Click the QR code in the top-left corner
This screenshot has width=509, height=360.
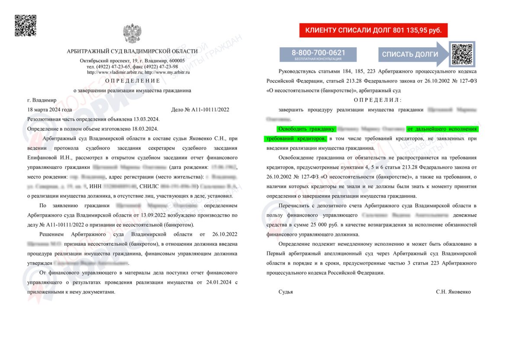26,26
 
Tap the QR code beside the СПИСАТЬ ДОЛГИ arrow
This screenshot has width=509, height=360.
462,54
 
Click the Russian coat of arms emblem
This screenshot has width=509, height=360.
132,33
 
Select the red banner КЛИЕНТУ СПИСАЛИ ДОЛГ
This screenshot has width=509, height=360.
373,30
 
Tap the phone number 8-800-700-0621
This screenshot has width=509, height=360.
318,52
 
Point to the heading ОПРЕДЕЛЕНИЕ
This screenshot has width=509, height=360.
132,81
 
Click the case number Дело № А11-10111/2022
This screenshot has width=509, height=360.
200,109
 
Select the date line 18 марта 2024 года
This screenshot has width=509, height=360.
50,109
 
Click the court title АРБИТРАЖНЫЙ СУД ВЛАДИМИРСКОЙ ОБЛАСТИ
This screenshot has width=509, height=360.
132,51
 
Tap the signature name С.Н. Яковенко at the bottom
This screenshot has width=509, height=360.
453,292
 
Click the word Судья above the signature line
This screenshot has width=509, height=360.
286,292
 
